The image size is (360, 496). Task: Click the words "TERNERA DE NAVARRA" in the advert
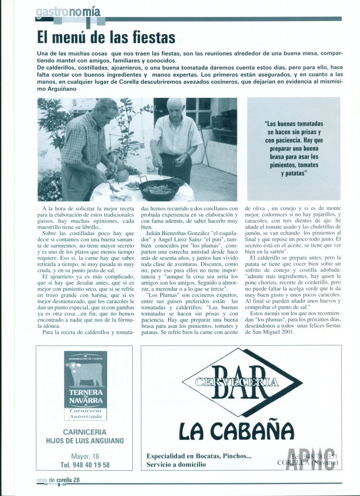click(x=85, y=396)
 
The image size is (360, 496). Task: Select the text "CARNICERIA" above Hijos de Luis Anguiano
click(x=84, y=432)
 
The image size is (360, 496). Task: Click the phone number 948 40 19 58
click(x=85, y=465)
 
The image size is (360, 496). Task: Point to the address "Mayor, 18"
click(x=84, y=456)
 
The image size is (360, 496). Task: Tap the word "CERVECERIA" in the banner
click(x=237, y=382)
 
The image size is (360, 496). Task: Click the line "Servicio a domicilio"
click(x=176, y=464)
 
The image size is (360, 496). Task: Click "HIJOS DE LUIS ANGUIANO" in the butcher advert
click(x=85, y=441)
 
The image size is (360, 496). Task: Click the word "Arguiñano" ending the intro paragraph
click(x=64, y=89)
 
